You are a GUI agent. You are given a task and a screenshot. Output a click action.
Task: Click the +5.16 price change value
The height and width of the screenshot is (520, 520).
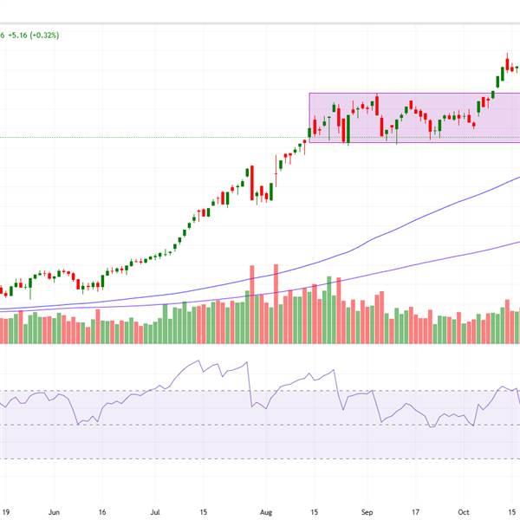20,35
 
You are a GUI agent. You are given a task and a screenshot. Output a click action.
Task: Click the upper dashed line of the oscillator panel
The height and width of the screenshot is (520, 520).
260,391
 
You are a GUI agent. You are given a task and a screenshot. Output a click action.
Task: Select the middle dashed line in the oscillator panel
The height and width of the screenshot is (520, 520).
260,425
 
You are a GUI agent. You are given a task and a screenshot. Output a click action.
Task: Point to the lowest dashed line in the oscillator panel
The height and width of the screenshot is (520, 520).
260,459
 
